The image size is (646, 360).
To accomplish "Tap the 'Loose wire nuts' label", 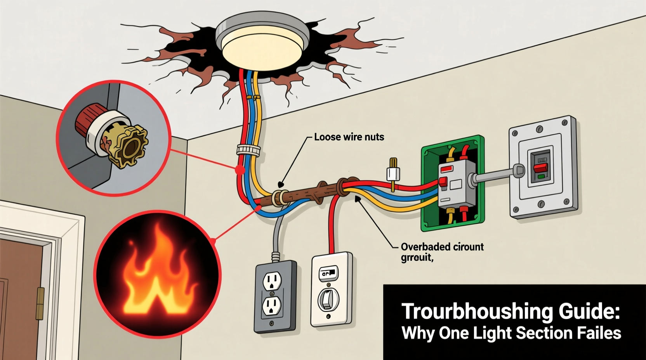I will click(x=349, y=137).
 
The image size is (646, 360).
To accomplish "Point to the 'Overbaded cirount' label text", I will click(x=442, y=247).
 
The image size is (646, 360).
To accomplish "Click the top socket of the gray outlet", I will click(x=272, y=280).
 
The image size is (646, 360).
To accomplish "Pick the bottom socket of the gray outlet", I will click(x=272, y=306).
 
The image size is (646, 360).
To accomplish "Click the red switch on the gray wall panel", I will click(x=539, y=168).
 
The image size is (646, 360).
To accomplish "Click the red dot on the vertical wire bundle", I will click(x=240, y=170).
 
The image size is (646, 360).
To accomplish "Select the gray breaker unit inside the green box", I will click(x=456, y=184).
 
